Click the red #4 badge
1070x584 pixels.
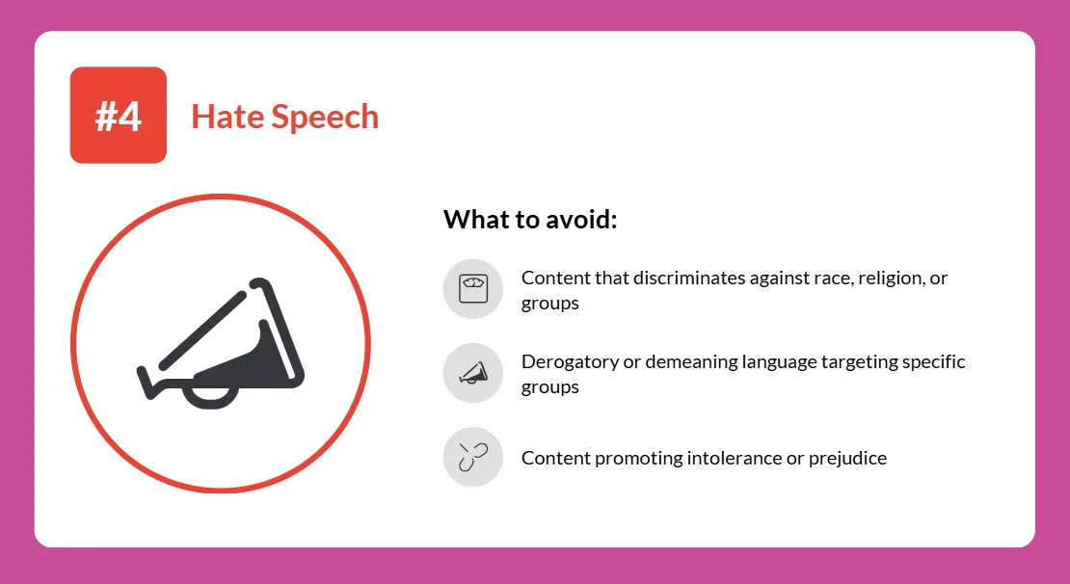pyautogui.click(x=118, y=115)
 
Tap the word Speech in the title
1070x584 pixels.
pyautogui.click(x=325, y=118)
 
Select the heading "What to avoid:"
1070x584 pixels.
pyautogui.click(x=530, y=220)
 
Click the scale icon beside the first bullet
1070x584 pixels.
pyautogui.click(x=473, y=288)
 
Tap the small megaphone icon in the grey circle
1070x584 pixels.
pyautogui.click(x=473, y=373)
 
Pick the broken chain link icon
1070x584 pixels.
pyautogui.click(x=473, y=457)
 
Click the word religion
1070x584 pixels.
pyautogui.click(x=892, y=279)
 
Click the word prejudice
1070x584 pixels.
pyautogui.click(x=847, y=459)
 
